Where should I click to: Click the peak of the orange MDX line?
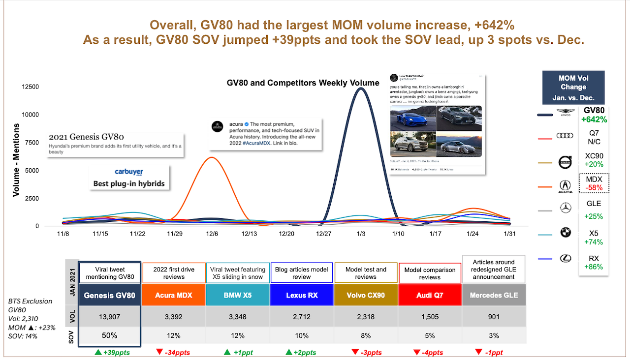[212, 157]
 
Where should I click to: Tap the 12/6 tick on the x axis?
[212, 234]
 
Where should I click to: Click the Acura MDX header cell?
[174, 295]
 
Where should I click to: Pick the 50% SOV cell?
[109, 335]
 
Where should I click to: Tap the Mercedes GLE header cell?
[494, 295]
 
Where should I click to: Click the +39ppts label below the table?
[112, 352]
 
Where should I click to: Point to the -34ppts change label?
[174, 352]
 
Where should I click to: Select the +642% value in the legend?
[594, 120]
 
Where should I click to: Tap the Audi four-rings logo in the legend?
[565, 136]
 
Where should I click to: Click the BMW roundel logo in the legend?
[566, 232]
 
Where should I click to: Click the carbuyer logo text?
[128, 172]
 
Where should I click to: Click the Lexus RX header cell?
[302, 295]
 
